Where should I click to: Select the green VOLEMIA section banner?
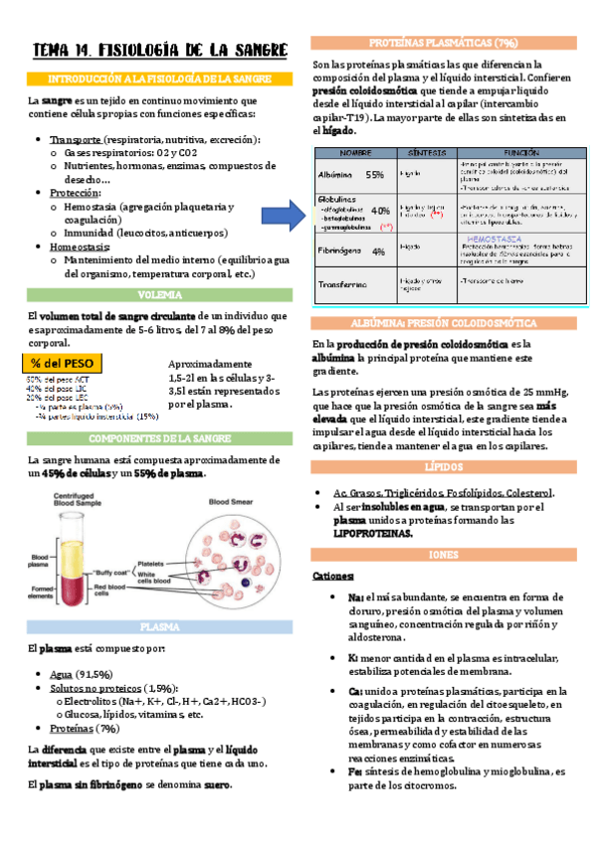click(159, 295)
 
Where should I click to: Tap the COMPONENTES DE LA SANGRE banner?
click(159, 438)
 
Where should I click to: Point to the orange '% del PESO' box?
click(67, 363)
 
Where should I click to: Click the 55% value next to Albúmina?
click(375, 174)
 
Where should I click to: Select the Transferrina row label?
click(346, 284)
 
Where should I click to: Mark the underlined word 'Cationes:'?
click(332, 577)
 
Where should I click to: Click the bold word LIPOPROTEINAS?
click(372, 533)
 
